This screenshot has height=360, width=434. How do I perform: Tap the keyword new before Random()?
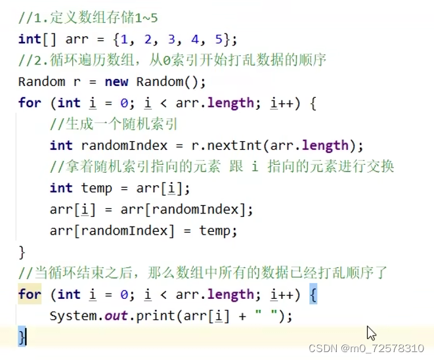point(116,82)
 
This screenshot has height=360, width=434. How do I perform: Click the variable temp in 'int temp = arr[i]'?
point(97,188)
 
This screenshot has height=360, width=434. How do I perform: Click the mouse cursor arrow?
point(371,332)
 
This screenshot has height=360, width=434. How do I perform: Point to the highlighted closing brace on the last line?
point(22,337)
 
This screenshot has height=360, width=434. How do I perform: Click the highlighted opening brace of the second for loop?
point(313,295)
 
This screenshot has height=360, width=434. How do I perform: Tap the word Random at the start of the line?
point(41,82)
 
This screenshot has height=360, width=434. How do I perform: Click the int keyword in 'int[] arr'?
point(30,39)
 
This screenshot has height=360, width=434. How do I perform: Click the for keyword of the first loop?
point(30,103)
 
